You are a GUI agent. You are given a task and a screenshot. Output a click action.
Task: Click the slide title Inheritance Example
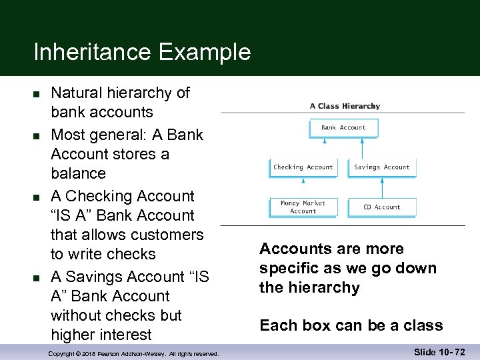coord(142,52)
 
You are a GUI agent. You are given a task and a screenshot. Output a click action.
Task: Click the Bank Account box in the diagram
coord(343,127)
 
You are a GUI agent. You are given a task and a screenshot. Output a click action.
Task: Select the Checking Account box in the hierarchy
coord(303,167)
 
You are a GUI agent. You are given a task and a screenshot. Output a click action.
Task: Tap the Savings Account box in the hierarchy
coord(382,167)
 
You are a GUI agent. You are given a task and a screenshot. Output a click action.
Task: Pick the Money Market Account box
coord(303,207)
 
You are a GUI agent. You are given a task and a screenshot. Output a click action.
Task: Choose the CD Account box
coord(382,207)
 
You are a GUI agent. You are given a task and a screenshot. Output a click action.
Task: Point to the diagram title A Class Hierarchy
coord(345,106)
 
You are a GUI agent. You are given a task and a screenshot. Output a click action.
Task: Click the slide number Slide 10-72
coord(437,351)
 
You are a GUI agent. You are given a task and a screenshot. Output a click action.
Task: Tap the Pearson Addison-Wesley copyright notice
coord(134,353)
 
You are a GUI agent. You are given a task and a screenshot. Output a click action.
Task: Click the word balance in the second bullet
coord(78,173)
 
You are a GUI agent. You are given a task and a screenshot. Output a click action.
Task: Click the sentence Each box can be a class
coord(351,325)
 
